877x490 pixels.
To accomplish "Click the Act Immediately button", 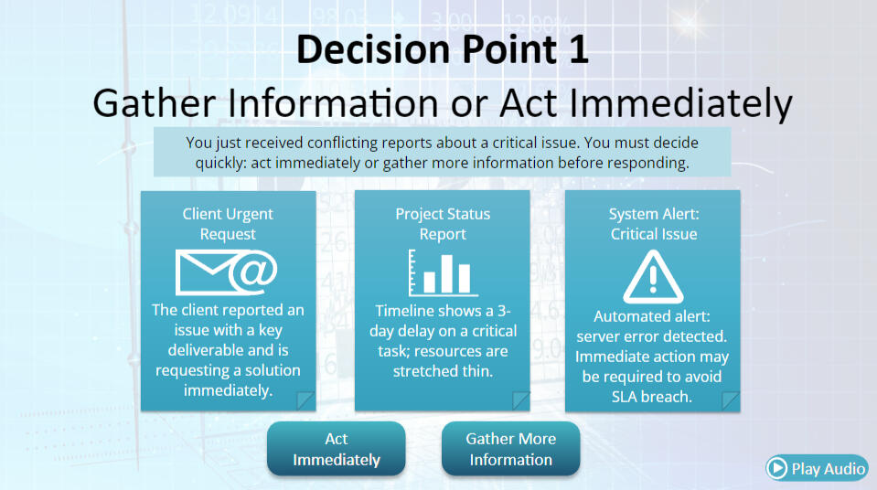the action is pos(337,449).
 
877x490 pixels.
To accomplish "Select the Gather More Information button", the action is pos(510,449).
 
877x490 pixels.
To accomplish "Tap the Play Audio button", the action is pos(817,468).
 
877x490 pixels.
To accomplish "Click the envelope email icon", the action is pos(227,272).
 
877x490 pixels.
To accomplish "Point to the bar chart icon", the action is pos(443,273).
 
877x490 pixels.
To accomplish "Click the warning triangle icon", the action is pos(653,277).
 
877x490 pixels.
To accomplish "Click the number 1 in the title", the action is pos(578,49).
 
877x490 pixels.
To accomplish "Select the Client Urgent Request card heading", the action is pos(228,224).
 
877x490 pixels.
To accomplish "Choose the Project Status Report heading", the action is pos(443,224).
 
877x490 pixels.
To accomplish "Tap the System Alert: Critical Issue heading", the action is pos(654,224).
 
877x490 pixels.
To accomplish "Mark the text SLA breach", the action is pos(652,397).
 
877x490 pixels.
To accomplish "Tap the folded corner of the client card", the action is pos(305,400).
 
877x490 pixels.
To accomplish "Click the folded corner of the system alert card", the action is pos(731,401).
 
